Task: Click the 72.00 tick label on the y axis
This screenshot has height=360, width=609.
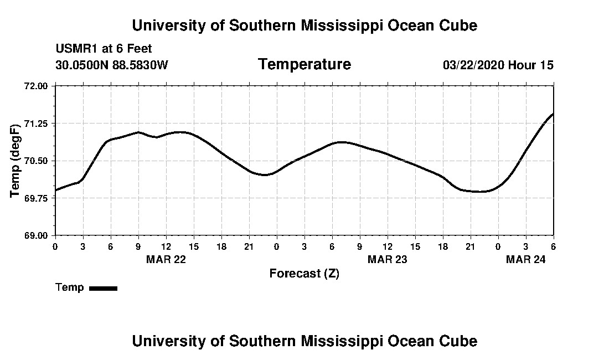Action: coord(37,86)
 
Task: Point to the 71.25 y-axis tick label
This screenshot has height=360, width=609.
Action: coord(37,123)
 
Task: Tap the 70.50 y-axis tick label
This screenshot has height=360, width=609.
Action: coord(37,161)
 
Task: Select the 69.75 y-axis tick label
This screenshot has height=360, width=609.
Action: coord(37,198)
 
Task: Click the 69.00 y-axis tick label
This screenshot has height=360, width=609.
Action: coord(37,235)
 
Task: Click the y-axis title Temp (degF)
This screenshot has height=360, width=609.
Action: coord(16,161)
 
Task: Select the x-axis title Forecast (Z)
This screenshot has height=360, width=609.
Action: coord(304,274)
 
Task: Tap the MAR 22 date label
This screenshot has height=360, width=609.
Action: coord(166,259)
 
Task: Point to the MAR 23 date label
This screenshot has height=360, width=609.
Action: coord(387,259)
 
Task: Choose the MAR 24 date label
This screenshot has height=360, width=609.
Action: coord(525,259)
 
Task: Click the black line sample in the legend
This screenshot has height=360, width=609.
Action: coord(103,288)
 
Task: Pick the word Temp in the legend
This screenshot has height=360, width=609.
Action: coord(70,287)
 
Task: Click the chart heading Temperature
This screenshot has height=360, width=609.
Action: coord(304,64)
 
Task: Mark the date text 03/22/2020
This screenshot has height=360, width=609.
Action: coord(473,65)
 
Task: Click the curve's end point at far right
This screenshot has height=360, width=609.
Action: coord(553,114)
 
